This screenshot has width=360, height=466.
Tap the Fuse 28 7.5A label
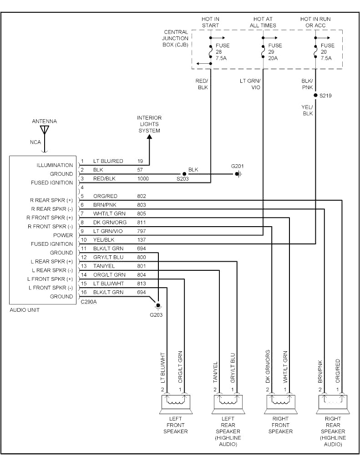click(x=222, y=52)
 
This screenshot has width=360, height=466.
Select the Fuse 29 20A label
click(x=275, y=52)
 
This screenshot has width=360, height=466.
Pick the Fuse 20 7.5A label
click(x=327, y=52)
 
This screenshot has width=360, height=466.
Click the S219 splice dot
click(x=315, y=96)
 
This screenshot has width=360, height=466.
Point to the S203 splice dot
click(x=184, y=174)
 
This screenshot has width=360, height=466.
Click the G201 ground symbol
click(x=238, y=174)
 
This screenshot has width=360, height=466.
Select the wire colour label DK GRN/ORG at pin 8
click(x=110, y=222)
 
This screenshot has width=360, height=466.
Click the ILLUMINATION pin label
click(x=55, y=165)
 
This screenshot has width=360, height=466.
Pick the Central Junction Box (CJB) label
click(x=176, y=38)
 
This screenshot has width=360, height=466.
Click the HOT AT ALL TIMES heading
click(x=263, y=22)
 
